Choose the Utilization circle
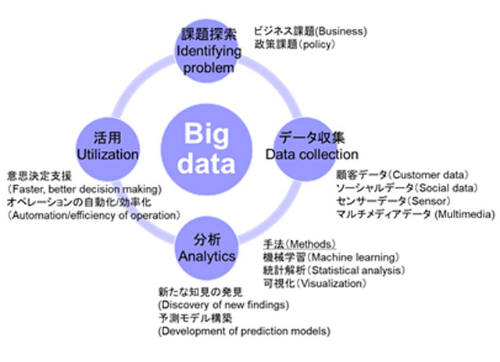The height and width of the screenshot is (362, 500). pyautogui.click(x=106, y=145)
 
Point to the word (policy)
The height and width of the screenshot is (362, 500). pyautogui.click(x=316, y=45)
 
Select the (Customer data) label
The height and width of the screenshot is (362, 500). pyautogui.click(x=428, y=174)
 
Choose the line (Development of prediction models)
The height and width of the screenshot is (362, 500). pyautogui.click(x=243, y=332)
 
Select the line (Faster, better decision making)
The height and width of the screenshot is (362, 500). pyautogui.click(x=84, y=188)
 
